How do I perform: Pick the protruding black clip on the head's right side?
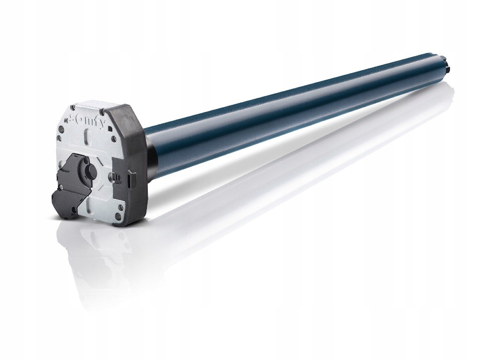[131, 177]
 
